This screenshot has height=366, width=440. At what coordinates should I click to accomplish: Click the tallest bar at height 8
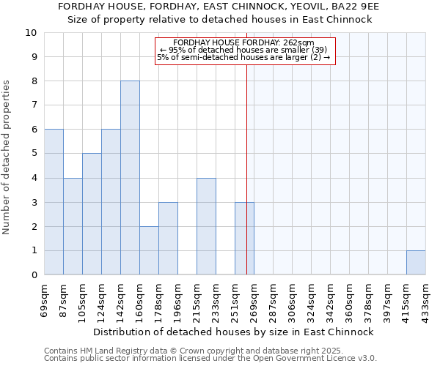click(130, 178)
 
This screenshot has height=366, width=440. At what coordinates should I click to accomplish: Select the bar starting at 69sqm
click(54, 202)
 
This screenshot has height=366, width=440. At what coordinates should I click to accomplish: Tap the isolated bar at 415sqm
click(416, 263)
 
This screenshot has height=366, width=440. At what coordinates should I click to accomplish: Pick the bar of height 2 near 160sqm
click(149, 250)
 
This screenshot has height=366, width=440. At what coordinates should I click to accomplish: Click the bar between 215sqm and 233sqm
click(206, 226)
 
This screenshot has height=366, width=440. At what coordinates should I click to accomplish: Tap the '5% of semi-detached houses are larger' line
click(243, 57)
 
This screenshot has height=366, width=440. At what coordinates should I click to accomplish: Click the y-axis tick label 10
click(30, 33)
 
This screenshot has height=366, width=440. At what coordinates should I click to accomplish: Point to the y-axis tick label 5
click(33, 154)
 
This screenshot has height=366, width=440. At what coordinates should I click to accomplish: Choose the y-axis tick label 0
click(33, 275)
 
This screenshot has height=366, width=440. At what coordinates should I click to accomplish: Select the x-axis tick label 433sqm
click(425, 300)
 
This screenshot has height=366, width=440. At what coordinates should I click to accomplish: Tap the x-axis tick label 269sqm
click(254, 300)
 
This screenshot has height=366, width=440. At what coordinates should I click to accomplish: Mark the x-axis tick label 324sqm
click(311, 300)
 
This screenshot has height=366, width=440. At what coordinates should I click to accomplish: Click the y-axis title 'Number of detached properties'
click(7, 157)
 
